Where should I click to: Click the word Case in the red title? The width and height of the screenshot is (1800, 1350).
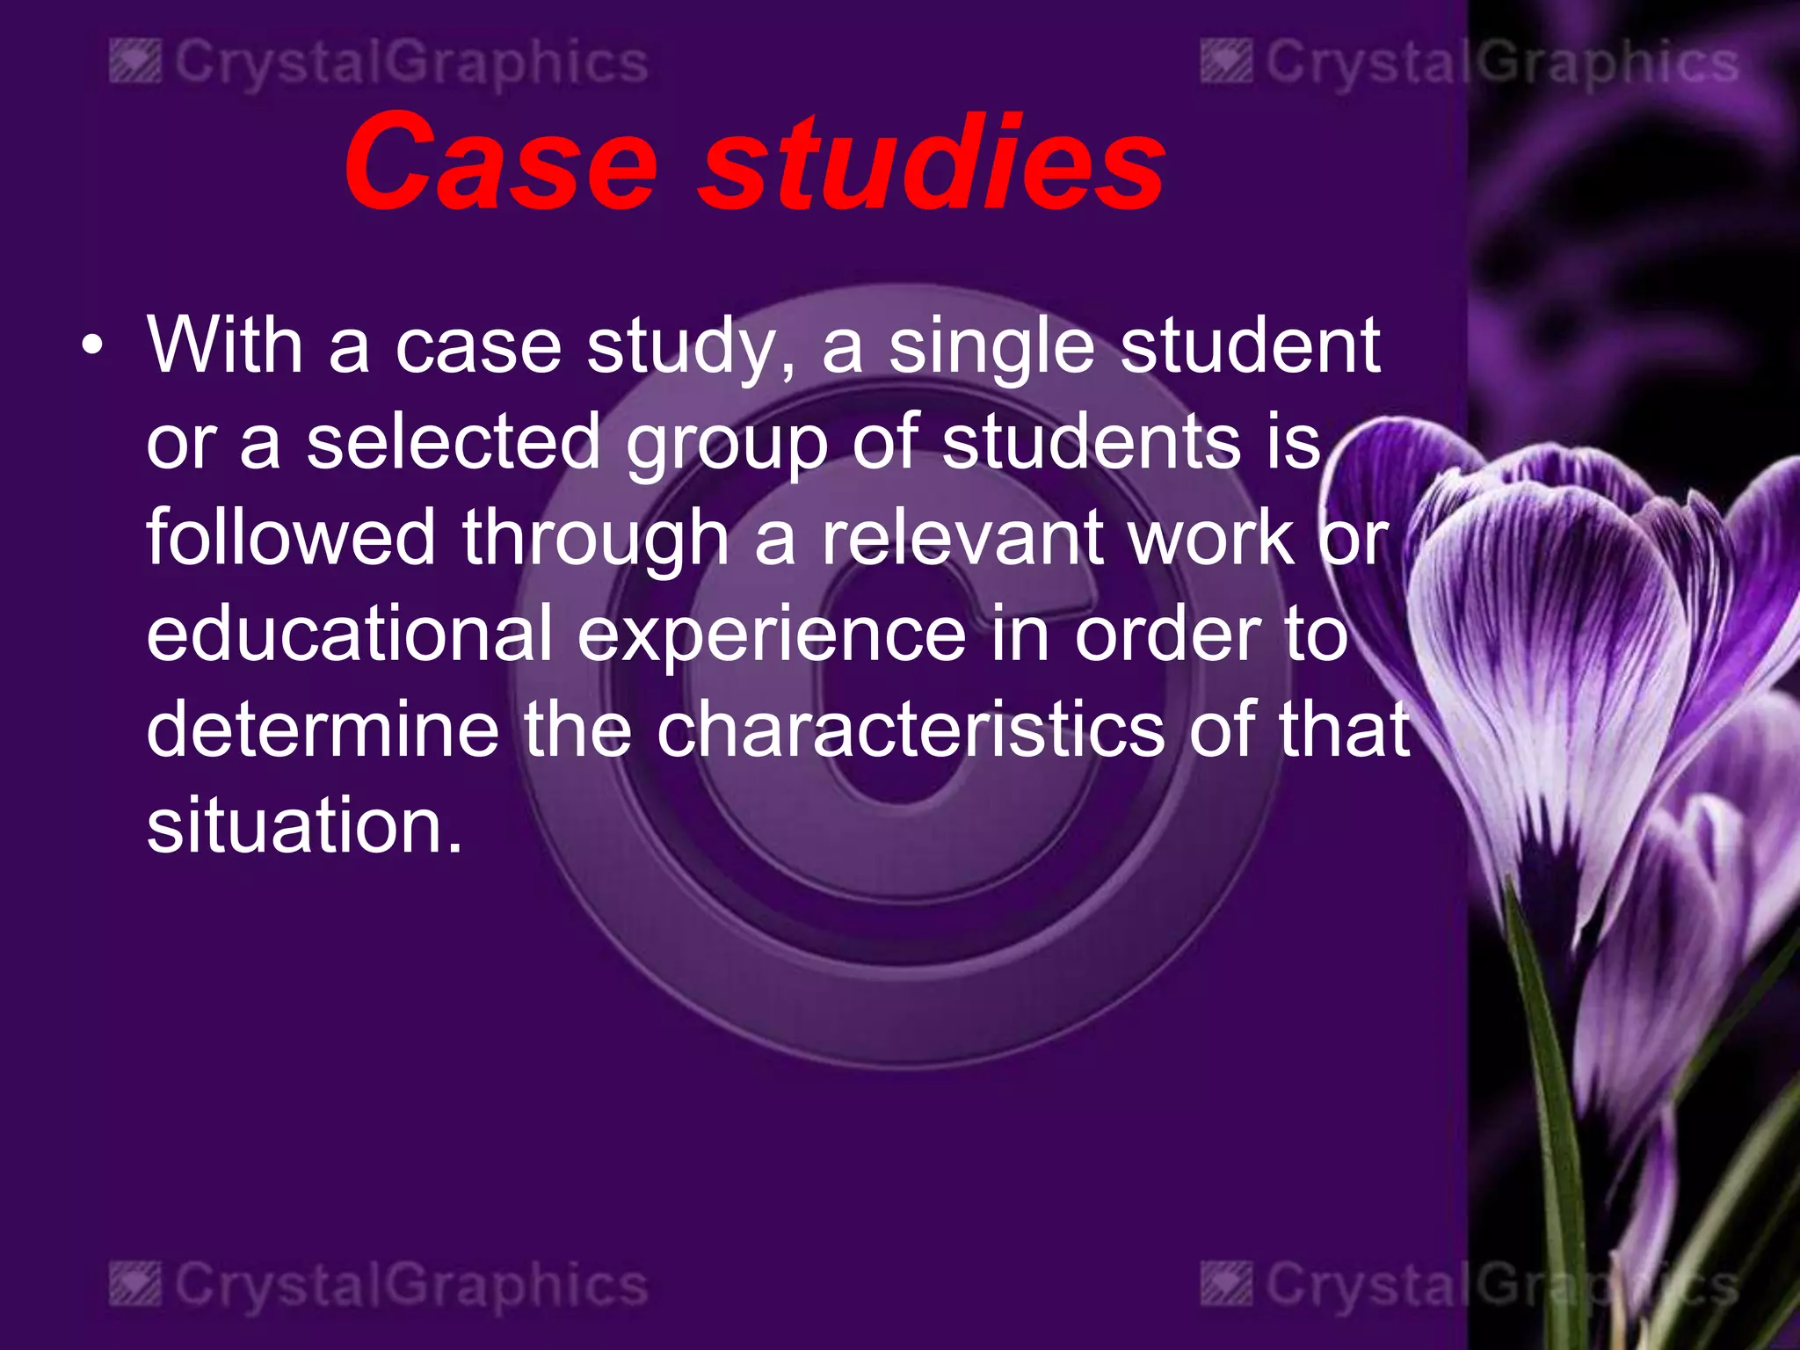501,163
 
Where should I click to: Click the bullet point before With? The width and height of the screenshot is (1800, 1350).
91,346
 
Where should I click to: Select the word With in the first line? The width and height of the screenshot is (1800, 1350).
225,346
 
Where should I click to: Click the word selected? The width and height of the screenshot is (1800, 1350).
454,442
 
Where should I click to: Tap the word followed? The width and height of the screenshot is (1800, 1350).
291,538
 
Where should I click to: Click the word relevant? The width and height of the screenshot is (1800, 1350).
962,538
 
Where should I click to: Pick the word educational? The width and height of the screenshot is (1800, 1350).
350,634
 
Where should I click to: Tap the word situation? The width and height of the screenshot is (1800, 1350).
304,825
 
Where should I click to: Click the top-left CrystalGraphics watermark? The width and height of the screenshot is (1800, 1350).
380,63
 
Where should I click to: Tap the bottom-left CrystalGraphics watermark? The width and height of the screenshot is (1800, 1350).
380,1286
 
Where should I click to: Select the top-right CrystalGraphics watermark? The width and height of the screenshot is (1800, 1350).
1470,63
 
